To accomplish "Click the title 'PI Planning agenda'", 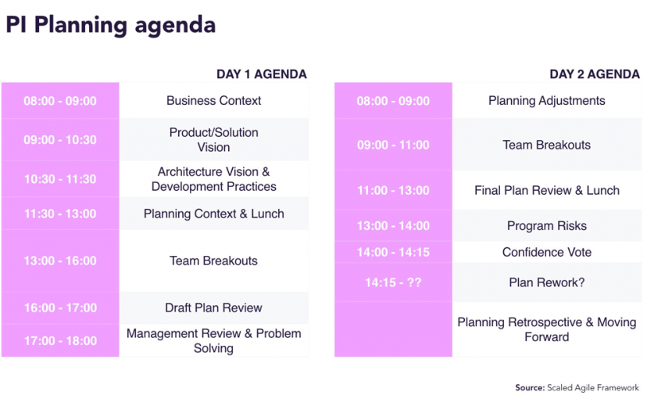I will (x=110, y=25).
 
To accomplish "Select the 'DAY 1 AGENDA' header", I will (x=261, y=74).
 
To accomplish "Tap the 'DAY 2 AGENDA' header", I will (x=594, y=74).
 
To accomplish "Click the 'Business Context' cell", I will (x=213, y=101).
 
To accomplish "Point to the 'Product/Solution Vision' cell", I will (x=213, y=140).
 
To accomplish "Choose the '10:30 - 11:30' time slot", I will (x=60, y=179).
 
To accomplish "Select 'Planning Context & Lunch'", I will (x=213, y=214).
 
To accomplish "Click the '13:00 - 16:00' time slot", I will (x=60, y=261).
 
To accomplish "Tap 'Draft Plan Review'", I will (x=213, y=307).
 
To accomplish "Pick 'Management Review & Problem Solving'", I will (x=213, y=340).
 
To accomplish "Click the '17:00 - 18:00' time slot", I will (x=60, y=340).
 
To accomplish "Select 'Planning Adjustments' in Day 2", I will (x=546, y=101).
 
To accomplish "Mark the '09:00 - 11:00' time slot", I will (x=393, y=145).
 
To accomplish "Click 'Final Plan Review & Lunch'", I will (x=546, y=190).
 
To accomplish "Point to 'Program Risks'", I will (x=546, y=226).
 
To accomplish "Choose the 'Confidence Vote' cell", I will (x=546, y=252).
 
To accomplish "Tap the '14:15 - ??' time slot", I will (x=393, y=282).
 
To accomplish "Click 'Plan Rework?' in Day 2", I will (x=546, y=282).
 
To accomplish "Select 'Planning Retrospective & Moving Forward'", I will (x=546, y=329).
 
